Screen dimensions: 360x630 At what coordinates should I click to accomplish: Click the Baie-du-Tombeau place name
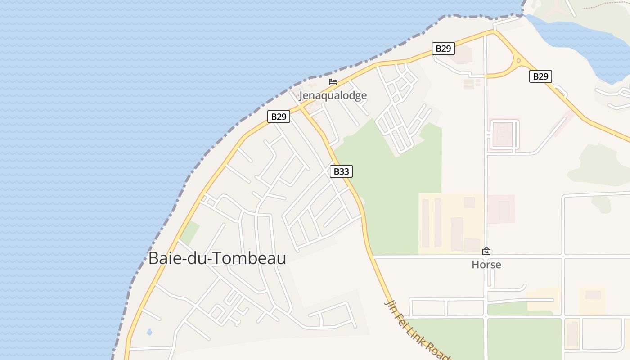coord(217,258)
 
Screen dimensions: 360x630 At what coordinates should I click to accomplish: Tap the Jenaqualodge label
coord(333,95)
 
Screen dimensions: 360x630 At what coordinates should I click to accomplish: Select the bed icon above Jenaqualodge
coord(333,82)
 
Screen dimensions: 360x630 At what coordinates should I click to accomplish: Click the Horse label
coord(486,265)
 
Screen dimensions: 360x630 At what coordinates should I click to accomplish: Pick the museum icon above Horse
coord(486,252)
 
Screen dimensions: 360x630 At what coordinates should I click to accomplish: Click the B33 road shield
coord(341,171)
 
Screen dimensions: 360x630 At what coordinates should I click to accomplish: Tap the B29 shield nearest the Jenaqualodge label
coord(279,117)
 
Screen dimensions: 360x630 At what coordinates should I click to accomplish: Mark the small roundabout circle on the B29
coord(518,60)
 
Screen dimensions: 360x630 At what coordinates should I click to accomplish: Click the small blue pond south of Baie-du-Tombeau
coord(149,332)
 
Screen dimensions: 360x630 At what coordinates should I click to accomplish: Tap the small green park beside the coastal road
coord(189,232)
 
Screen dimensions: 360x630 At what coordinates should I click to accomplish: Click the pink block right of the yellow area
coord(501,209)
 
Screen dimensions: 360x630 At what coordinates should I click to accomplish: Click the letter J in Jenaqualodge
coord(302,96)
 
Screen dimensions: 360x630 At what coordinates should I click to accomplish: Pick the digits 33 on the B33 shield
coord(344,171)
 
